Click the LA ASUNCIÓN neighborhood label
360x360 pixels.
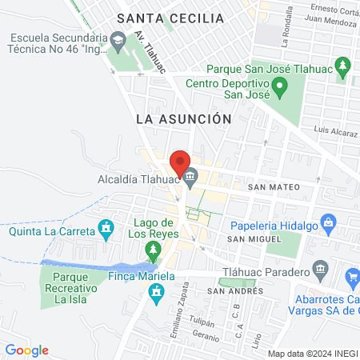[183, 118]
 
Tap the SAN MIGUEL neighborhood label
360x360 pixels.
[254, 239]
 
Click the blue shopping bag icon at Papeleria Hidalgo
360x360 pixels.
[326, 220]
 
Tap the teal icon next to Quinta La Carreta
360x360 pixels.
[105, 227]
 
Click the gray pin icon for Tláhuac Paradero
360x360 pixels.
[320, 267]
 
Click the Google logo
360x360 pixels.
[26, 350]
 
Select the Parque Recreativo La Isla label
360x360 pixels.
[70, 287]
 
